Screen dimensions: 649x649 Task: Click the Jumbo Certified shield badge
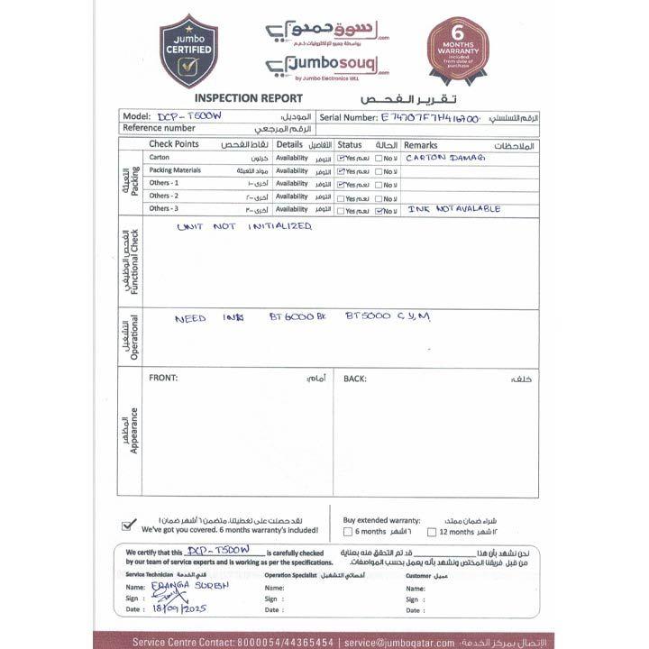tap(188, 50)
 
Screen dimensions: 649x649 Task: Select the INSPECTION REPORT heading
tap(236, 98)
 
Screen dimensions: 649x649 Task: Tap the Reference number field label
tap(160, 129)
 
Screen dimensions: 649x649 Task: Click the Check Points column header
tap(174, 144)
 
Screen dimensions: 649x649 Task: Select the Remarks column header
tap(421, 144)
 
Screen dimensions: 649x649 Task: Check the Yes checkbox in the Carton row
tap(342, 158)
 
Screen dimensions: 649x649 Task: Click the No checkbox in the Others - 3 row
tap(379, 210)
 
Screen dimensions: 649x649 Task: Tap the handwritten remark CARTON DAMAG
tap(445, 157)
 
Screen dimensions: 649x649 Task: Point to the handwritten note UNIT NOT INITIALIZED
tap(243, 226)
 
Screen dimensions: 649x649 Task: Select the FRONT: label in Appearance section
tap(163, 379)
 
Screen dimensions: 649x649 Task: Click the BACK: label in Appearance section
tap(355, 379)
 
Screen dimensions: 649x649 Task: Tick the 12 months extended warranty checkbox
tap(433, 533)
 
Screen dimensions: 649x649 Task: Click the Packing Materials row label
tap(175, 170)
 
